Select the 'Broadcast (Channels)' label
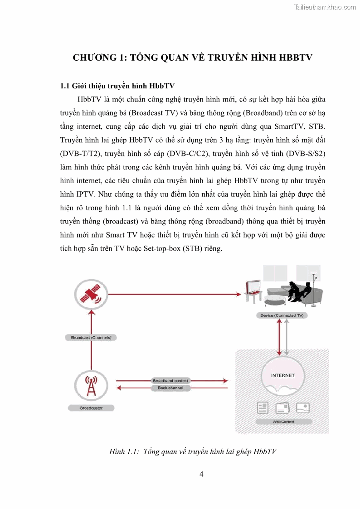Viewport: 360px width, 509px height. point(91,337)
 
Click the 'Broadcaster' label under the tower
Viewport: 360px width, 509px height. point(91,408)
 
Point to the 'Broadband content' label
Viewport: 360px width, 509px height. point(170,381)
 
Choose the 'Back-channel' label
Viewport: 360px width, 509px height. point(170,388)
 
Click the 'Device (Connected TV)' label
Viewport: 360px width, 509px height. point(282,315)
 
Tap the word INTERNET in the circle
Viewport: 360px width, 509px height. point(282,375)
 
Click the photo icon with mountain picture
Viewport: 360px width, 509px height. point(302,407)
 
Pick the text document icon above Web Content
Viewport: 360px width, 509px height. point(263,407)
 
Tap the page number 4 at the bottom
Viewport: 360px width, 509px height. point(201,475)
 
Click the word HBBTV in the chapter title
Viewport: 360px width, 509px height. point(292,58)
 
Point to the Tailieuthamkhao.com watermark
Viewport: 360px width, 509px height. point(325,7)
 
